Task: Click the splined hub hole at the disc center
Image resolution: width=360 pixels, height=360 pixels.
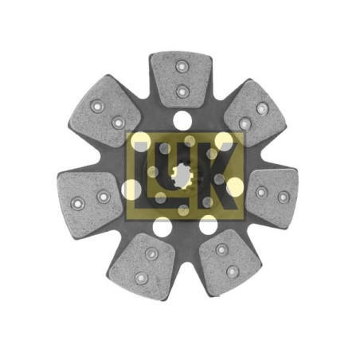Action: click(182, 176)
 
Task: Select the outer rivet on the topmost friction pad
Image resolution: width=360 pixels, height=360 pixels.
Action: click(182, 66)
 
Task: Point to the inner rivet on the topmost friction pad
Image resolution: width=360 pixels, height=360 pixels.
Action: click(182, 92)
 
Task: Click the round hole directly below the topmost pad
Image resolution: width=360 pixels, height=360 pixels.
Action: click(182, 120)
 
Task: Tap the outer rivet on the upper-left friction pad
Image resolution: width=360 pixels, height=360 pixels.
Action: click(97, 106)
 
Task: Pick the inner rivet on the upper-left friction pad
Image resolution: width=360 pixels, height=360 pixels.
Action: click(119, 123)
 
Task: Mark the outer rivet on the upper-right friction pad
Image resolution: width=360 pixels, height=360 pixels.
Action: click(262, 108)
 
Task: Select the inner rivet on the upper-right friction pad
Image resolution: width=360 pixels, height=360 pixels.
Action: click(245, 123)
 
